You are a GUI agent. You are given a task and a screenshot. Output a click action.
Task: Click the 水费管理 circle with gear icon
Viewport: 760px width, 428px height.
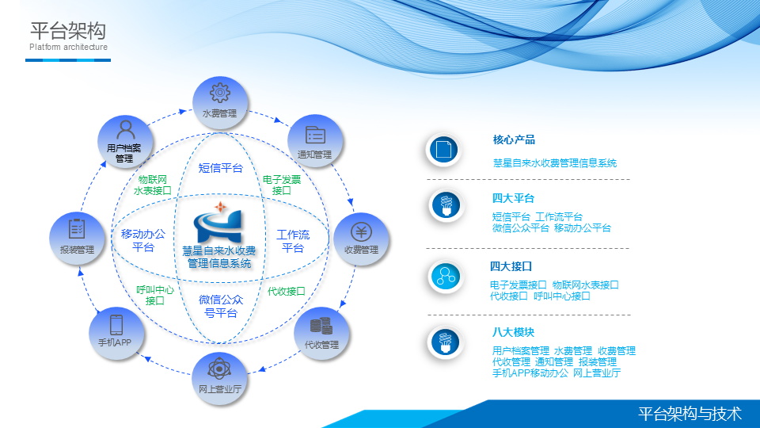click(x=220, y=103)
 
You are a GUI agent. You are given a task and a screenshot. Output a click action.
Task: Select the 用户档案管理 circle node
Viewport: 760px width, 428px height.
click(x=125, y=142)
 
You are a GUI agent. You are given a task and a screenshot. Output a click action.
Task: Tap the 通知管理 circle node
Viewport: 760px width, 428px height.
click(x=315, y=141)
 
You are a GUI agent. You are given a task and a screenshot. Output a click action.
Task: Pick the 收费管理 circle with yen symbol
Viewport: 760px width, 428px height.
click(x=361, y=239)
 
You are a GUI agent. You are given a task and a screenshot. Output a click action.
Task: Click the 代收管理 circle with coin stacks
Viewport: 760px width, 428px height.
click(x=321, y=333)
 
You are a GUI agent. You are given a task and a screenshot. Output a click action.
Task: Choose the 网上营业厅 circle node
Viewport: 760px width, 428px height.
click(x=219, y=379)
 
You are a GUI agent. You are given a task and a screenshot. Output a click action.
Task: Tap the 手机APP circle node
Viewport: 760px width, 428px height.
click(x=116, y=333)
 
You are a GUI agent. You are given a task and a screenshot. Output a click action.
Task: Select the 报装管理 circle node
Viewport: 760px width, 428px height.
click(x=77, y=239)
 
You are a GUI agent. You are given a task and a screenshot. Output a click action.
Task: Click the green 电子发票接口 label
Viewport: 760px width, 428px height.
click(x=282, y=185)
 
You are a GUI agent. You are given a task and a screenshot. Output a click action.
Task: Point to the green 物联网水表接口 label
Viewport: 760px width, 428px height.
click(x=152, y=185)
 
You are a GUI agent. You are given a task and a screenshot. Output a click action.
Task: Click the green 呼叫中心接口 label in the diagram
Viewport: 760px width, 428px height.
click(x=154, y=295)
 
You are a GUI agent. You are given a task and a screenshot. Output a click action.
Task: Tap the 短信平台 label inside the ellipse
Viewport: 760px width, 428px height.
click(x=221, y=168)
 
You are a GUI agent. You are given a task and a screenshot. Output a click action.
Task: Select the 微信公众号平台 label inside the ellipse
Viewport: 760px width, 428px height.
click(x=221, y=306)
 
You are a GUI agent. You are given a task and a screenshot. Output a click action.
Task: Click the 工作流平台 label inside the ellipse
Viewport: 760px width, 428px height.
click(x=293, y=241)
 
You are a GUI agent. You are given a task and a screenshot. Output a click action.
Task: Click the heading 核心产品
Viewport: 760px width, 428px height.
click(x=514, y=139)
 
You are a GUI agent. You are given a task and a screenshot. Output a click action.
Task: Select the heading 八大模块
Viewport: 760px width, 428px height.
click(x=513, y=332)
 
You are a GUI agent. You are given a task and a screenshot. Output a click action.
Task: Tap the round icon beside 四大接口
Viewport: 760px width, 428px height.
click(x=445, y=277)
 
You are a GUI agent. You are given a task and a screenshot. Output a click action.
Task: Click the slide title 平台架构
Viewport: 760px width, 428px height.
click(x=68, y=31)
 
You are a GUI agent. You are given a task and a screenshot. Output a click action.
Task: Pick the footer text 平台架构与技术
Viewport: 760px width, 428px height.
click(x=690, y=414)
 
